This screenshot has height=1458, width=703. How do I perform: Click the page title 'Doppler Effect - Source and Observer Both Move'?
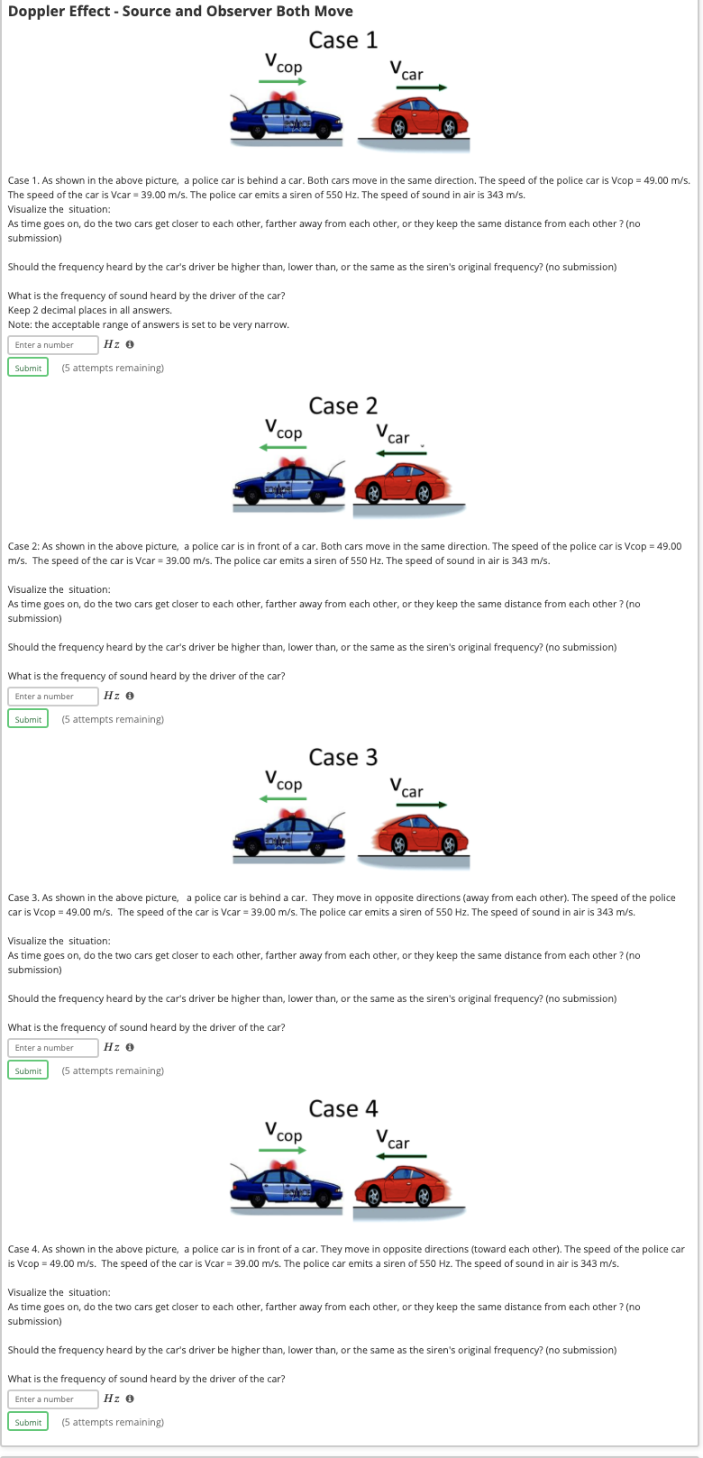pyautogui.click(x=180, y=12)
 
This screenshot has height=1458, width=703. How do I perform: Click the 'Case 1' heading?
pyautogui.click(x=342, y=41)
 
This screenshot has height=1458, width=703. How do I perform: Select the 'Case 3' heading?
pyautogui.click(x=342, y=758)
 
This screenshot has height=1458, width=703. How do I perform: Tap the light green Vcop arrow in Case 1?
pyautogui.click(x=283, y=82)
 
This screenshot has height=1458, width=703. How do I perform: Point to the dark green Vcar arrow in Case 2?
pyautogui.click(x=401, y=452)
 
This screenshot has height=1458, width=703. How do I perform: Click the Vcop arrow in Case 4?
pyautogui.click(x=283, y=1150)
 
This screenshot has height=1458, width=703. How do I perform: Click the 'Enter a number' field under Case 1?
pyautogui.click(x=53, y=345)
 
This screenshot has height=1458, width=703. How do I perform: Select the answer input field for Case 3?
pyautogui.click(x=53, y=1048)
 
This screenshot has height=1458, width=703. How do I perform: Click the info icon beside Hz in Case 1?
pyautogui.click(x=131, y=345)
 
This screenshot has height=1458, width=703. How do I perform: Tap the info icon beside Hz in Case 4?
pyautogui.click(x=131, y=1399)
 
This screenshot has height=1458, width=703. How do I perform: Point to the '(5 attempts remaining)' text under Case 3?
pyautogui.click(x=113, y=1071)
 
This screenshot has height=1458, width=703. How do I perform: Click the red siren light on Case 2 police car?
pyautogui.click(x=289, y=463)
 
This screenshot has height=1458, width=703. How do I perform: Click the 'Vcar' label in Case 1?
pyautogui.click(x=406, y=70)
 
